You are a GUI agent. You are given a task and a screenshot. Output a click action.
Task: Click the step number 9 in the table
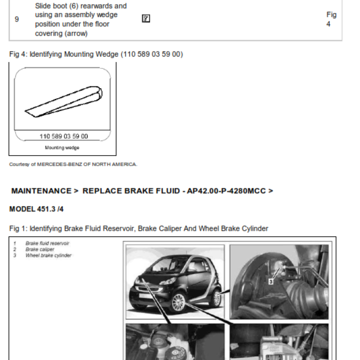coord(17,19)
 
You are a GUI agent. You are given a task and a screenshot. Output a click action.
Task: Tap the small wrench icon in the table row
coord(146,18)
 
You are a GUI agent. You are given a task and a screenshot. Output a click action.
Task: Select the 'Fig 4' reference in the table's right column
coord(331,19)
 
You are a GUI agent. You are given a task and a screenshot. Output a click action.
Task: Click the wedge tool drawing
coord(63,102)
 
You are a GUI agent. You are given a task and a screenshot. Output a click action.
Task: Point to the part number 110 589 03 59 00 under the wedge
coord(64,136)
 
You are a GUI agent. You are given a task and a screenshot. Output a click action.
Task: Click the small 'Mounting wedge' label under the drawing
coord(62,148)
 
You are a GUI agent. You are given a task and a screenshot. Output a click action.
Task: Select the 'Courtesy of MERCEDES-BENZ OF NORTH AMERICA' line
coord(73,164)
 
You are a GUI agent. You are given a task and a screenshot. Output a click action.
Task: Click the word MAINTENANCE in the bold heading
coord(41,191)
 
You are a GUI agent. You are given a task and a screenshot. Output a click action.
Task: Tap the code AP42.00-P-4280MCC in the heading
coord(226,191)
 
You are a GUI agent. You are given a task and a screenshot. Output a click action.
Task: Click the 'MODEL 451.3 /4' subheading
coord(36,209)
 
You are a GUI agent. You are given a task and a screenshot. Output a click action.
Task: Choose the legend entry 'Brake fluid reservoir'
coord(47,243)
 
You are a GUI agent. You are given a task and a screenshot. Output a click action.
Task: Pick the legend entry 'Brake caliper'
coord(40,249)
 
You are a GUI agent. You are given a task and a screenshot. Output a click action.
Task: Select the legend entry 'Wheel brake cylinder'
coord(49,255)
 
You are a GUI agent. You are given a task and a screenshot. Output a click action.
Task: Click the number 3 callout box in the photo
coord(271,282)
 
